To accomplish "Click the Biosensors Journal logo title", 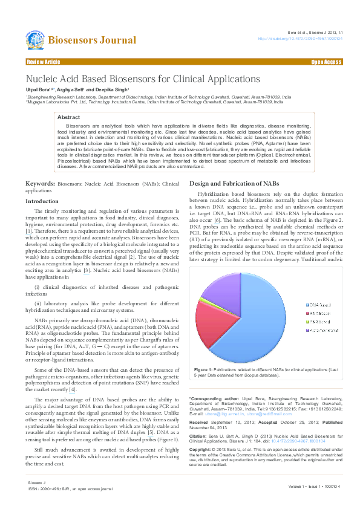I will pos(91,41).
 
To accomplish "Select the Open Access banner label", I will pos(326,62).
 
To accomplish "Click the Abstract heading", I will pos(68,117).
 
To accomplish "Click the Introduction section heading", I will pos(42,201).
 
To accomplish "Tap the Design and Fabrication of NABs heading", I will pos(234,183).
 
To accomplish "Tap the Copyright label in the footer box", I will pos(201,450).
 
